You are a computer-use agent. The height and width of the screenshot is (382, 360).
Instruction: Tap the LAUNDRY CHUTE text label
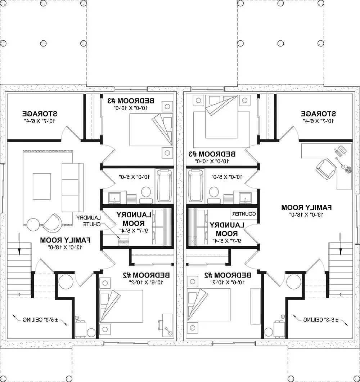coord(90,221)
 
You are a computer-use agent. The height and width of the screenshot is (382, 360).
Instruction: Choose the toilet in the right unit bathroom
coord(214,192)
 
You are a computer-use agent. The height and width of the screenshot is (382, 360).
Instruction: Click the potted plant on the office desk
coord(348,169)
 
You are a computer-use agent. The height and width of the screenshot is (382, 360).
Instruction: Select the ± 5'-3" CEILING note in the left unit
coord(40,319)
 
